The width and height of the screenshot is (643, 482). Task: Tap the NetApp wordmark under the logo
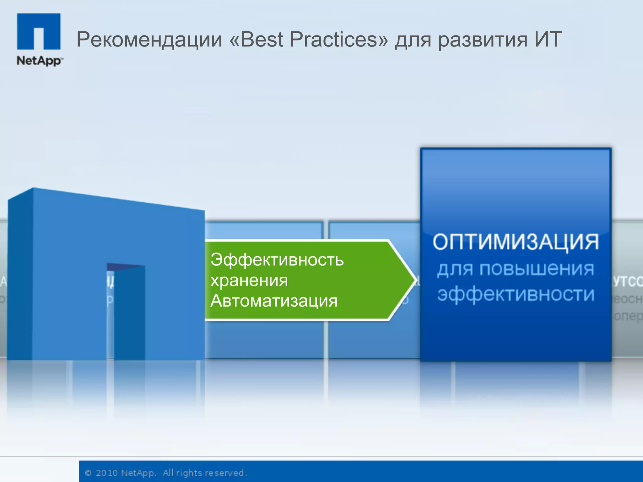click(39, 61)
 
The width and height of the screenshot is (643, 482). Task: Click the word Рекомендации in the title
click(149, 40)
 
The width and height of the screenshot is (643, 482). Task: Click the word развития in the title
click(483, 40)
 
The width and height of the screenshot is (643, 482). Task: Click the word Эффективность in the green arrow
click(277, 260)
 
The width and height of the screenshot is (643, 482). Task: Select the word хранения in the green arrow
click(249, 280)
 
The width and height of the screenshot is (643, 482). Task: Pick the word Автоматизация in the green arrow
click(274, 301)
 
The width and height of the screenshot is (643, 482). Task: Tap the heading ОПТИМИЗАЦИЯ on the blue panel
click(516, 242)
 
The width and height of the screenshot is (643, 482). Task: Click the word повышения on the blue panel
click(537, 269)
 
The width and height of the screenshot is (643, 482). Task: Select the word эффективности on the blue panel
click(516, 294)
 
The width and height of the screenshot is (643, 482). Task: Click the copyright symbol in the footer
click(88, 473)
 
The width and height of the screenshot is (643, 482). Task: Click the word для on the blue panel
click(455, 270)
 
